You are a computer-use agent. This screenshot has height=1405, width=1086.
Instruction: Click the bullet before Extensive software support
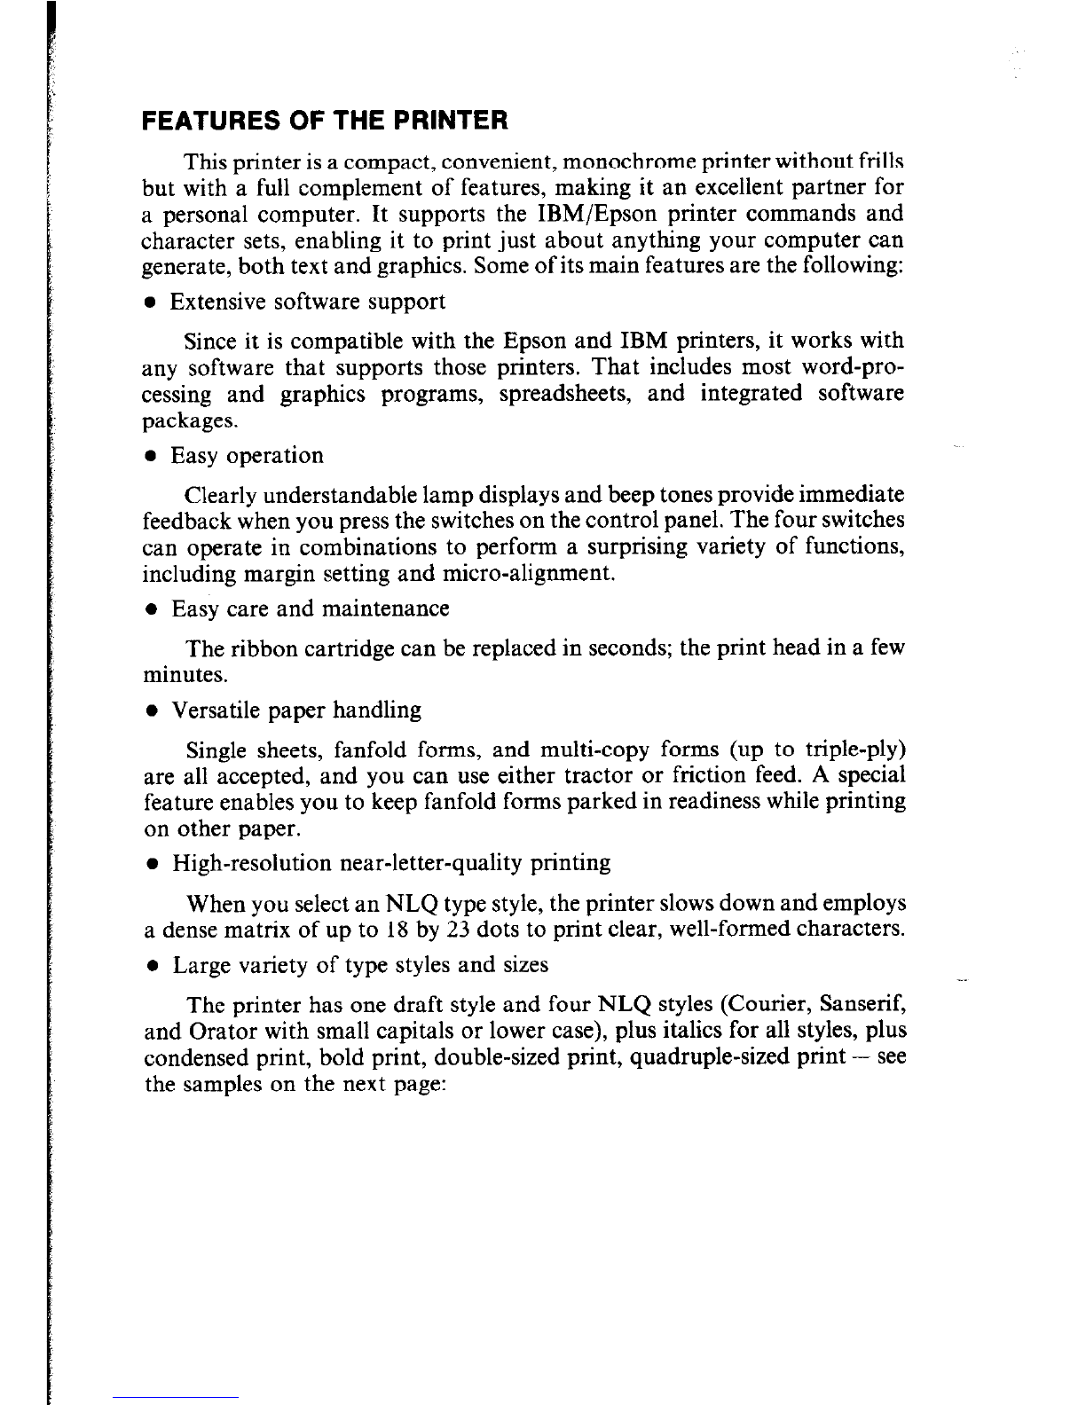[x=153, y=303]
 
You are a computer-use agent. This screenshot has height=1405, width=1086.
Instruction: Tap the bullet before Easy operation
[x=153, y=457]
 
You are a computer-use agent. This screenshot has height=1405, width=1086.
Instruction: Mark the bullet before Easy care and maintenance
[x=153, y=610]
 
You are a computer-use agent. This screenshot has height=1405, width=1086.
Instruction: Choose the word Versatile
[x=208, y=711]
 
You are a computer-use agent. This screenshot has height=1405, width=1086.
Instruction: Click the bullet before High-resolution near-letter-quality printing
[x=153, y=865]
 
